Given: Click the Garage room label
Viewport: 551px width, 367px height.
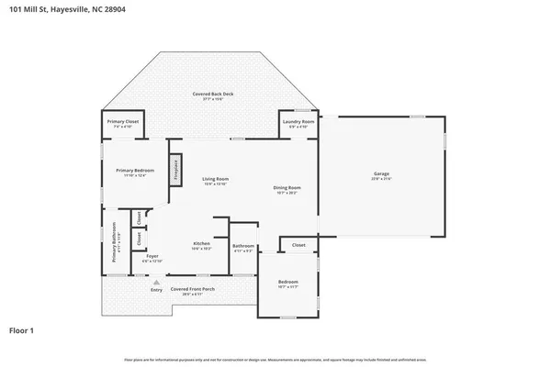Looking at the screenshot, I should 381,173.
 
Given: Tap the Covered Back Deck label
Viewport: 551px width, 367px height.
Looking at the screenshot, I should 210,95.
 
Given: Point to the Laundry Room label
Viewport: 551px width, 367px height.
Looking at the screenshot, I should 299,121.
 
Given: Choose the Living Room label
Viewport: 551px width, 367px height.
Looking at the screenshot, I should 216,178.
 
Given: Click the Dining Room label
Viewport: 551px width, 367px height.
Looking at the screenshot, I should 287,188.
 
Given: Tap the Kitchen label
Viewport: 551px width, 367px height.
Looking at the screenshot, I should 202,242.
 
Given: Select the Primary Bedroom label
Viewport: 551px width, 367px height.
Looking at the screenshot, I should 134,171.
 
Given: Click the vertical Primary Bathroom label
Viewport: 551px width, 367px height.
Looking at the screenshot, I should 115,244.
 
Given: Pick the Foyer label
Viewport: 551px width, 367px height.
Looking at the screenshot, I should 152,256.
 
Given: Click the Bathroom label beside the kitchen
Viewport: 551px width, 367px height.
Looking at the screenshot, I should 243,245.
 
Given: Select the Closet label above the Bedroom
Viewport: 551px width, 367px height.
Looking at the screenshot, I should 298,245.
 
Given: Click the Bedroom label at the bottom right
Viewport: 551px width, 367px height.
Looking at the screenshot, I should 287,281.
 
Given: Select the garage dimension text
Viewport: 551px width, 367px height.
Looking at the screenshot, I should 381,180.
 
